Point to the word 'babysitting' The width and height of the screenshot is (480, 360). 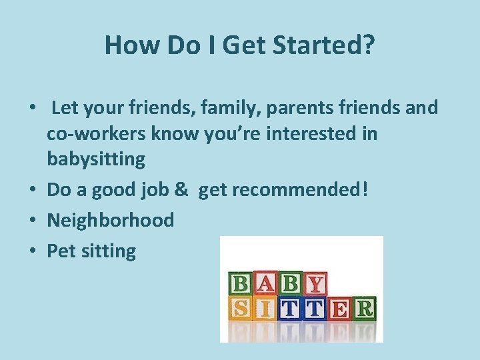tap(95, 159)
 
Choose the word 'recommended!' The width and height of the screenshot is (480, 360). tap(303, 189)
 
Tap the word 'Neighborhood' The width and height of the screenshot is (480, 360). tap(110, 220)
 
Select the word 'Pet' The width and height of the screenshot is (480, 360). tap(61, 251)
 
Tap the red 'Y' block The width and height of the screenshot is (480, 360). tap(315, 285)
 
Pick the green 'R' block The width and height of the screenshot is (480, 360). tap(365, 309)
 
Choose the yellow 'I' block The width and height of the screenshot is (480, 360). tap(267, 309)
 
